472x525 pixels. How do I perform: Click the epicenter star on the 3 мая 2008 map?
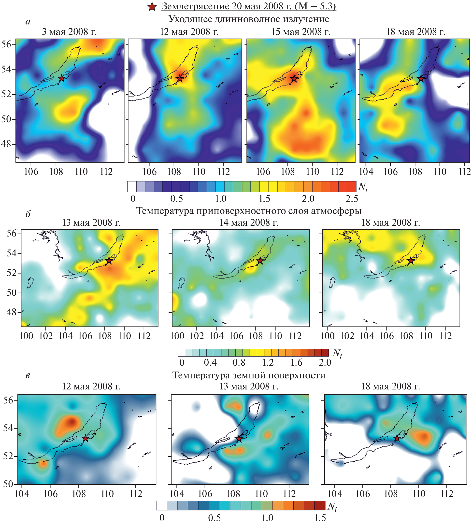61,78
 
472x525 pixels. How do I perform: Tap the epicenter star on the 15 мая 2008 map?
294,78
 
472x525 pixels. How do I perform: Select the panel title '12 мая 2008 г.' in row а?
189,32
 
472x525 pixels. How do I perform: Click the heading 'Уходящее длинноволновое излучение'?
249,19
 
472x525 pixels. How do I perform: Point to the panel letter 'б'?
28,214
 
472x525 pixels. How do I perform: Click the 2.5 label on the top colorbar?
352,199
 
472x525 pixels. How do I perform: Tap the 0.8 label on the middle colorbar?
239,362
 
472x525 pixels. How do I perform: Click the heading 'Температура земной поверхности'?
249,375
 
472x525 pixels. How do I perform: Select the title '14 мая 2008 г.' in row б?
249,222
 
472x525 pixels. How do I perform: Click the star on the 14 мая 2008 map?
260,261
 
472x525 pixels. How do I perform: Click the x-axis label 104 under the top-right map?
366,172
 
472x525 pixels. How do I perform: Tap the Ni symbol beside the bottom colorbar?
332,507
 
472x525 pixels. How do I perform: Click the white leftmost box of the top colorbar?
132,187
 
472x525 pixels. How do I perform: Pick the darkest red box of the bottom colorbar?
320,506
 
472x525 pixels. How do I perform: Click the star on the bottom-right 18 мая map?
397,438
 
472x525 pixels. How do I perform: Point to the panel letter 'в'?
28,375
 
